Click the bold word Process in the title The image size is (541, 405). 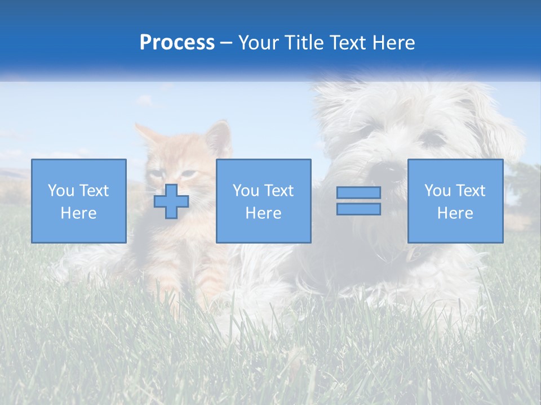(x=177, y=43)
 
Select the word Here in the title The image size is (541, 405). (x=393, y=43)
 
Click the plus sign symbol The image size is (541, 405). (x=171, y=201)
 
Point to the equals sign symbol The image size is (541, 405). (x=358, y=201)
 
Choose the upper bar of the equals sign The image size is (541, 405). (x=358, y=193)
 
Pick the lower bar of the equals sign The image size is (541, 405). (x=358, y=209)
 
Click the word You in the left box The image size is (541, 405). (x=60, y=191)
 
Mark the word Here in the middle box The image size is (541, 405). (x=263, y=213)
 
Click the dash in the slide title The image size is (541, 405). (x=227, y=43)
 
